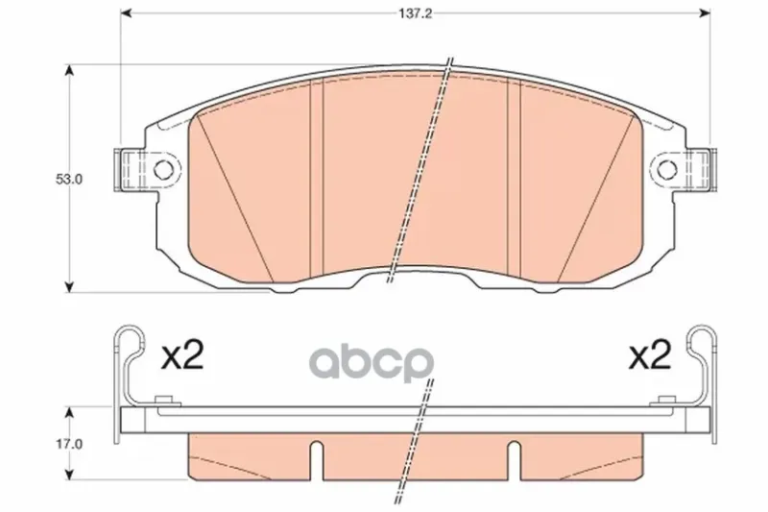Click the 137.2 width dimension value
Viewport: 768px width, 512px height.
(x=415, y=13)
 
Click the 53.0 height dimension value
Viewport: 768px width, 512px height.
(x=69, y=180)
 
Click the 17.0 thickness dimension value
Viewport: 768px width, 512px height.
(x=69, y=445)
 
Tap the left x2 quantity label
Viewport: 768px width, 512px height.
(x=182, y=356)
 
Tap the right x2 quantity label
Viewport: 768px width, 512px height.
(x=650, y=356)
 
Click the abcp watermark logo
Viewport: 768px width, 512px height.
(x=372, y=363)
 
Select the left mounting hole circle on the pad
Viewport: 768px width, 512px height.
(x=163, y=169)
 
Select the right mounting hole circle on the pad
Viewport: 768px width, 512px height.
(x=666, y=169)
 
